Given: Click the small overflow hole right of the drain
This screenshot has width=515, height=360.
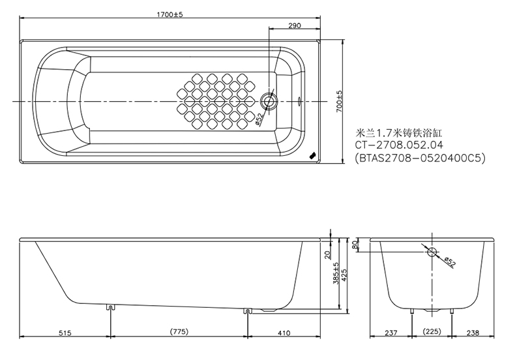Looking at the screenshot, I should pyautogui.click(x=300, y=101).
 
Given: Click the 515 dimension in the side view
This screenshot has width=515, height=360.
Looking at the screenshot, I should pyautogui.click(x=64, y=333).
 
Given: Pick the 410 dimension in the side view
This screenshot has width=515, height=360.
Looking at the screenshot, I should pyautogui.click(x=284, y=333).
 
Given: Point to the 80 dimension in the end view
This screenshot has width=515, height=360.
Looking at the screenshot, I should pyautogui.click(x=355, y=245).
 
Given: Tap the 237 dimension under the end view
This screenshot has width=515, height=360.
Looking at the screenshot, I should pyautogui.click(x=390, y=333).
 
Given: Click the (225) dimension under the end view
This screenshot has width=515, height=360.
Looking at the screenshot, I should pyautogui.click(x=432, y=332).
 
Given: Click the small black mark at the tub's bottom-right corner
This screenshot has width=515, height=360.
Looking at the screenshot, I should pyautogui.click(x=312, y=155).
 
